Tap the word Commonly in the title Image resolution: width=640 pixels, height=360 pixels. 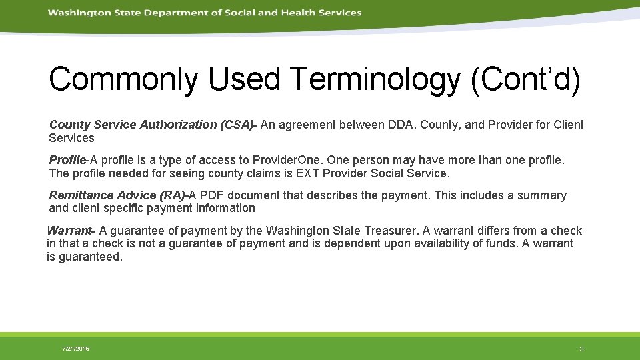coord(123,79)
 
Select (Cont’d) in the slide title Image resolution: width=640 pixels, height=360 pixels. coord(525,79)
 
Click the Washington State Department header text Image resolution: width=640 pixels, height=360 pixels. coord(205,13)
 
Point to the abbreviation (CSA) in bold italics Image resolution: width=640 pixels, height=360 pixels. coord(237,125)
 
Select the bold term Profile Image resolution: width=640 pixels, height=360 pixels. coord(67,160)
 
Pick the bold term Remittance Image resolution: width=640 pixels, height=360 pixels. coord(81,195)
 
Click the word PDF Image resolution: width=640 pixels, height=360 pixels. coord(213,195)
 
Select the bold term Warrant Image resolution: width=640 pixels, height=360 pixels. coord(69,231)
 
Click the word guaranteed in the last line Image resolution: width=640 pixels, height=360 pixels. coord(91,257)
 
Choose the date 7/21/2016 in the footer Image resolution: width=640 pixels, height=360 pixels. coord(76,349)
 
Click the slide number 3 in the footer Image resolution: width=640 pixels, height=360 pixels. coord(581,349)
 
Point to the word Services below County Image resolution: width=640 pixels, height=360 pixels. coord(71,138)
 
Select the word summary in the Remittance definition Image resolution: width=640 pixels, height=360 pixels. coord(543,195)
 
